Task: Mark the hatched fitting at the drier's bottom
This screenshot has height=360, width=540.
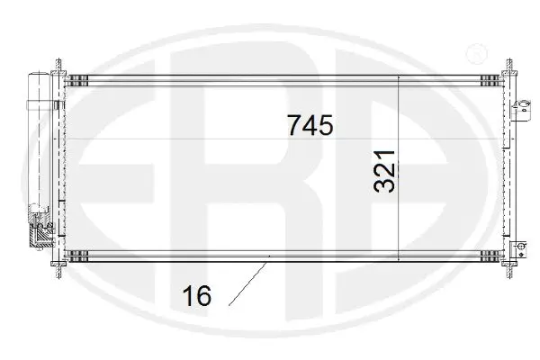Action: pyautogui.click(x=40, y=237)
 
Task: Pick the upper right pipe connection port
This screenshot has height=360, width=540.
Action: pyautogui.click(x=519, y=110)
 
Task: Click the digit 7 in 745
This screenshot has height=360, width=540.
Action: pyautogui.click(x=294, y=125)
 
